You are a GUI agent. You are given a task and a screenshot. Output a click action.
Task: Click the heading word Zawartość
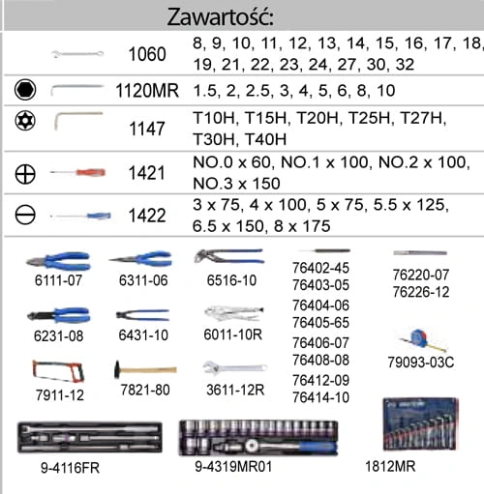[221, 16]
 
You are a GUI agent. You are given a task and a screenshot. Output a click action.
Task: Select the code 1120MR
[147, 91]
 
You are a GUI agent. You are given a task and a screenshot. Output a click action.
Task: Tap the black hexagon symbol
[25, 90]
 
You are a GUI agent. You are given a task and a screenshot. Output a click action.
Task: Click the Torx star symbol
[25, 121]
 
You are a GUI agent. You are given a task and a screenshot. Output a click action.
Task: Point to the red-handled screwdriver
[77, 172]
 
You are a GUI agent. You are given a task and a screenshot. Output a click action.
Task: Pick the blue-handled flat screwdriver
[80, 216]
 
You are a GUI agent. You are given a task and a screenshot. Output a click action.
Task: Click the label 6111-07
[58, 280]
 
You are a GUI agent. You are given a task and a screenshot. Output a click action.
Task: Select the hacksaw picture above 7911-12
[58, 371]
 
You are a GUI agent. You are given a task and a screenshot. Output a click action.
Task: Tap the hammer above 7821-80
[145, 369]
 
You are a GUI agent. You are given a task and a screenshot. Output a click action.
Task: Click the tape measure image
[423, 340]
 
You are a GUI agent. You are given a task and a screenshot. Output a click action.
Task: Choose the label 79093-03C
[421, 363]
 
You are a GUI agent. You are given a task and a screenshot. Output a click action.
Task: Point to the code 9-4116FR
[70, 468]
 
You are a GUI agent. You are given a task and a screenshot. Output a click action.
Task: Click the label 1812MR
[390, 466]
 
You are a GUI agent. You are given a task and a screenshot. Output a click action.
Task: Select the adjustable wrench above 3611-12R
[235, 368]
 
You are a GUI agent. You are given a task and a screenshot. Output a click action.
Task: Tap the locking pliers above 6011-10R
[234, 313]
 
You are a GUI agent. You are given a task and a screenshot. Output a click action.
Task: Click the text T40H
[265, 139]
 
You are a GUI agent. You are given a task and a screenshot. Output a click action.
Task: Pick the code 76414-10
[320, 397]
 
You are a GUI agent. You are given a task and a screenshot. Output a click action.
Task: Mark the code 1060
[147, 54]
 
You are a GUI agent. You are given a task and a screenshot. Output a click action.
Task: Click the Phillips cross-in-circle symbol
[25, 174]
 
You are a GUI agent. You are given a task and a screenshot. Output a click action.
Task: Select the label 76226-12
[421, 292]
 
